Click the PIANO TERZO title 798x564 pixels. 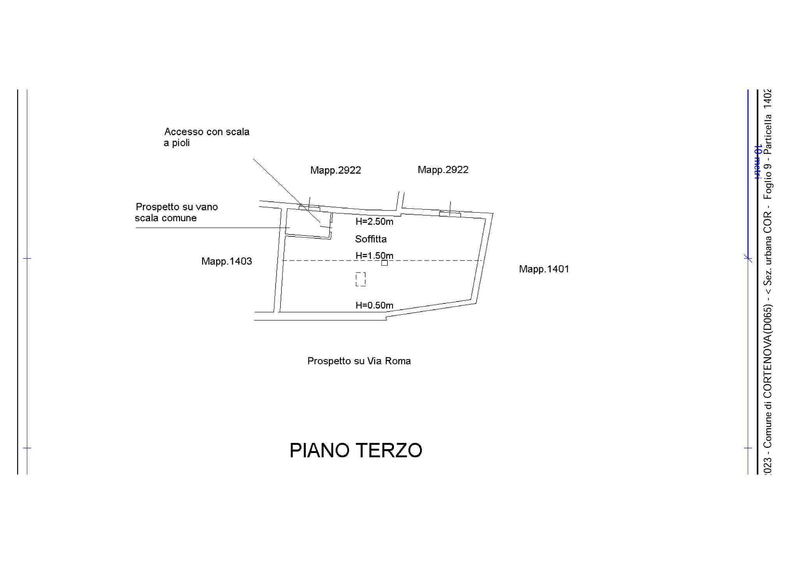356,450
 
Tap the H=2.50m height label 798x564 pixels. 374,222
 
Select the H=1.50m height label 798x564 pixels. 374,256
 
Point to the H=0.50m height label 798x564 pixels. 374,305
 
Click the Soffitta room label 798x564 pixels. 371,239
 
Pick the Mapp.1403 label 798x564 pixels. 226,261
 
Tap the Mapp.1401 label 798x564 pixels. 544,269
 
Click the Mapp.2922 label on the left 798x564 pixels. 335,170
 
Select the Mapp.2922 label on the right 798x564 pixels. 443,170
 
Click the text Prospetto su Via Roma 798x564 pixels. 359,361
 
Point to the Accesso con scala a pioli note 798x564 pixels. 207,137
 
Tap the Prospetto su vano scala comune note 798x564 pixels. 176,212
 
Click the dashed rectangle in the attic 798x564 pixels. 360,279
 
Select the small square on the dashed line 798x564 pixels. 385,263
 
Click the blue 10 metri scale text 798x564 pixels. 758,162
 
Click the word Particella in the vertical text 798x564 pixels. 767,134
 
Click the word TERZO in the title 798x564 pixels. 389,450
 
